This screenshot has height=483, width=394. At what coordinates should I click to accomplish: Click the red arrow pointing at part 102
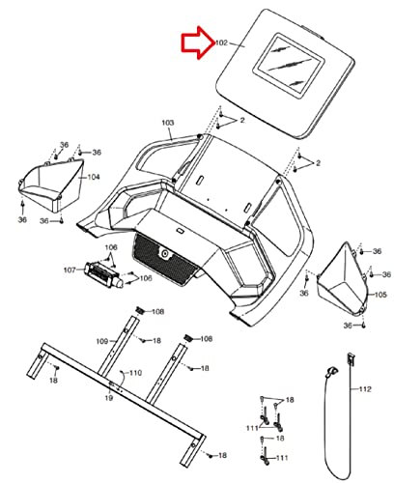[198, 43]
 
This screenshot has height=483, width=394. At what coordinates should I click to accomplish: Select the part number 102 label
[221, 43]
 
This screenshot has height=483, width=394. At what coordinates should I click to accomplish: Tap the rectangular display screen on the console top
[287, 66]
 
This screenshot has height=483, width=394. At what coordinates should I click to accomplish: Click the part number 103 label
[168, 123]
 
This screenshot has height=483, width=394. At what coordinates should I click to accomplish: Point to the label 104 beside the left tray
[94, 177]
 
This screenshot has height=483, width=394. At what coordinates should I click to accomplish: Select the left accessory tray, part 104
[51, 185]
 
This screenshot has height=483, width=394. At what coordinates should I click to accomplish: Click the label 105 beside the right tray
[380, 295]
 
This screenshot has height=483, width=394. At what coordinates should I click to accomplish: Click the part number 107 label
[70, 270]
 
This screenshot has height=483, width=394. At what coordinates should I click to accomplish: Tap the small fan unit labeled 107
[103, 275]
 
